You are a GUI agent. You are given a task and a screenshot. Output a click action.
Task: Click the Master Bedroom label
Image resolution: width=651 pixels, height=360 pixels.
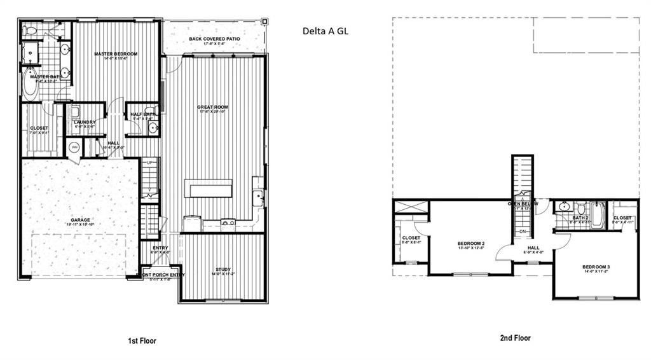click(116, 54)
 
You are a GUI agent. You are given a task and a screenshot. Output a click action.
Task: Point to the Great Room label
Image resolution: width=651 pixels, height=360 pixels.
click(212, 107)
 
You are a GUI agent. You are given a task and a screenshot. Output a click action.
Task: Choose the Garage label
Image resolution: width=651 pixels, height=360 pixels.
click(80, 221)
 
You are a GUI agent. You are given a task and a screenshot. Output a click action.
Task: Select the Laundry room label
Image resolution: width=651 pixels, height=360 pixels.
click(84, 122)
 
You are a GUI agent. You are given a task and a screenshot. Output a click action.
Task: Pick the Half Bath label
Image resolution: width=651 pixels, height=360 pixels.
click(143, 114)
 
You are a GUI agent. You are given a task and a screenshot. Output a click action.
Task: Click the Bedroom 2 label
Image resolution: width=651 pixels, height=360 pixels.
click(471, 244)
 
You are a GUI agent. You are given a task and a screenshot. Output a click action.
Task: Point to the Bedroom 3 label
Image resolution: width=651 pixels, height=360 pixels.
click(596, 267)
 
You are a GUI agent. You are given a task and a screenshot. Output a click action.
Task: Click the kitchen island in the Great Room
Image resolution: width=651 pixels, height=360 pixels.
click(209, 189)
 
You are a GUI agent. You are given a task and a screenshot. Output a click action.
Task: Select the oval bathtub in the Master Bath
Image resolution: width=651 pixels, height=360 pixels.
click(30, 83)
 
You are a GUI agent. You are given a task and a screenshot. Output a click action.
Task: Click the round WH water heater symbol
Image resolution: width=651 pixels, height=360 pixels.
click(74, 148)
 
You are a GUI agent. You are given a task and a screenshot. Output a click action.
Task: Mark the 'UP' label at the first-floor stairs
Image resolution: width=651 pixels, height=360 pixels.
click(151, 163)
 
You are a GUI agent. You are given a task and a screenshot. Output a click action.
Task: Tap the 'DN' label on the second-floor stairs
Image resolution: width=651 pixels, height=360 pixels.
click(523, 231)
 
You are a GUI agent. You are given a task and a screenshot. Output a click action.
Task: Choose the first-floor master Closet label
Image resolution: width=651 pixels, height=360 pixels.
click(39, 128)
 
